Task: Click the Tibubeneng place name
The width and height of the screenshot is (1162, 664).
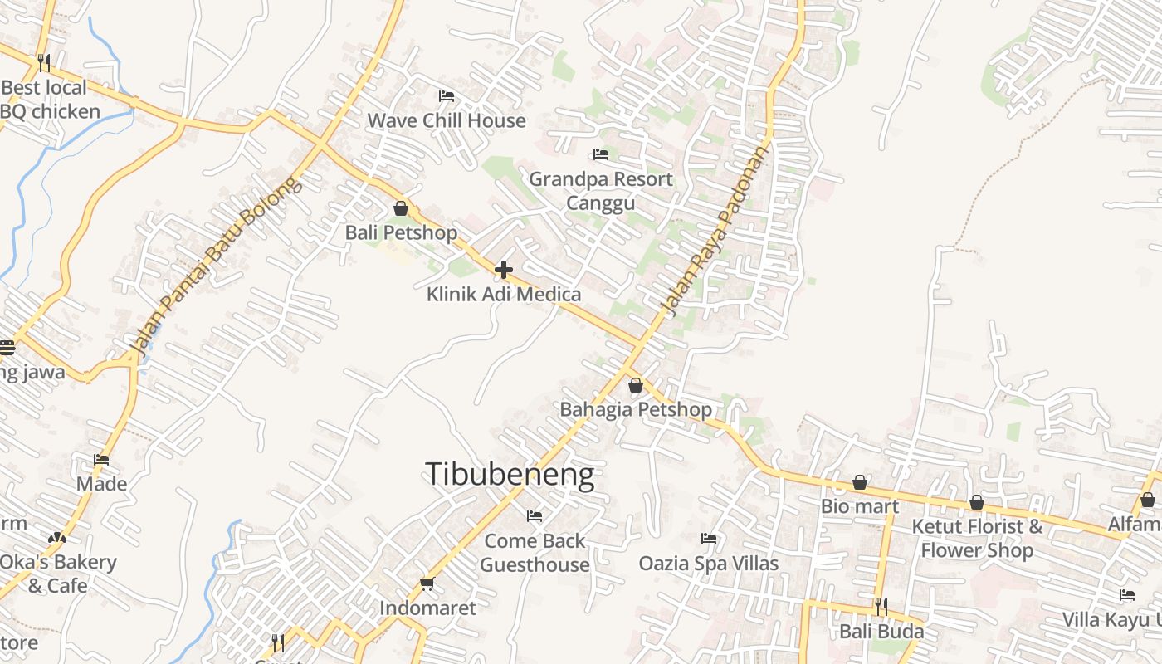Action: point(510,475)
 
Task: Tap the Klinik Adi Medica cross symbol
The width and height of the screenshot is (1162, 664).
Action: point(503,270)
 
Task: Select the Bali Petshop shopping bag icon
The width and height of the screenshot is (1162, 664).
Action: point(401,208)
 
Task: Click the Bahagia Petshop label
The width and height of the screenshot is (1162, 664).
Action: point(636,409)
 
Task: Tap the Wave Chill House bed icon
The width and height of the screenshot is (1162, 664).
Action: point(447,96)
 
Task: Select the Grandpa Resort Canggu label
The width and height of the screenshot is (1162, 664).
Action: point(601,191)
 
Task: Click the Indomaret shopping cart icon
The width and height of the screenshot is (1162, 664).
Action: point(427,583)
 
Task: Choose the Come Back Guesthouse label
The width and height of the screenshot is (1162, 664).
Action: point(535,553)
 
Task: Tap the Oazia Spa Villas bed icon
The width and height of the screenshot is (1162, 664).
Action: point(709,539)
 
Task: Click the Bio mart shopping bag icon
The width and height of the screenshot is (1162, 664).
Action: point(860,482)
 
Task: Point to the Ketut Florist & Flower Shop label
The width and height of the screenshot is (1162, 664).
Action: point(977,538)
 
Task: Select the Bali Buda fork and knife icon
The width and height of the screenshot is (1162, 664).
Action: point(881,607)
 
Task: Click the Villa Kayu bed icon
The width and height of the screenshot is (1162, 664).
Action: point(1127,595)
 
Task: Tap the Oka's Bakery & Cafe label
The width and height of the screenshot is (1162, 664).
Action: point(57,574)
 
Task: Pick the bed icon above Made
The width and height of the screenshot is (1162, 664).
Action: point(101,459)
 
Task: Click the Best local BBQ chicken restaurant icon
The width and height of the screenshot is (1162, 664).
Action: point(44,62)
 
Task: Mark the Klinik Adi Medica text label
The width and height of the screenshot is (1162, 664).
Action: point(504,294)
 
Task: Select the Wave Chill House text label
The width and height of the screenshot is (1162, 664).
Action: point(447,120)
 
